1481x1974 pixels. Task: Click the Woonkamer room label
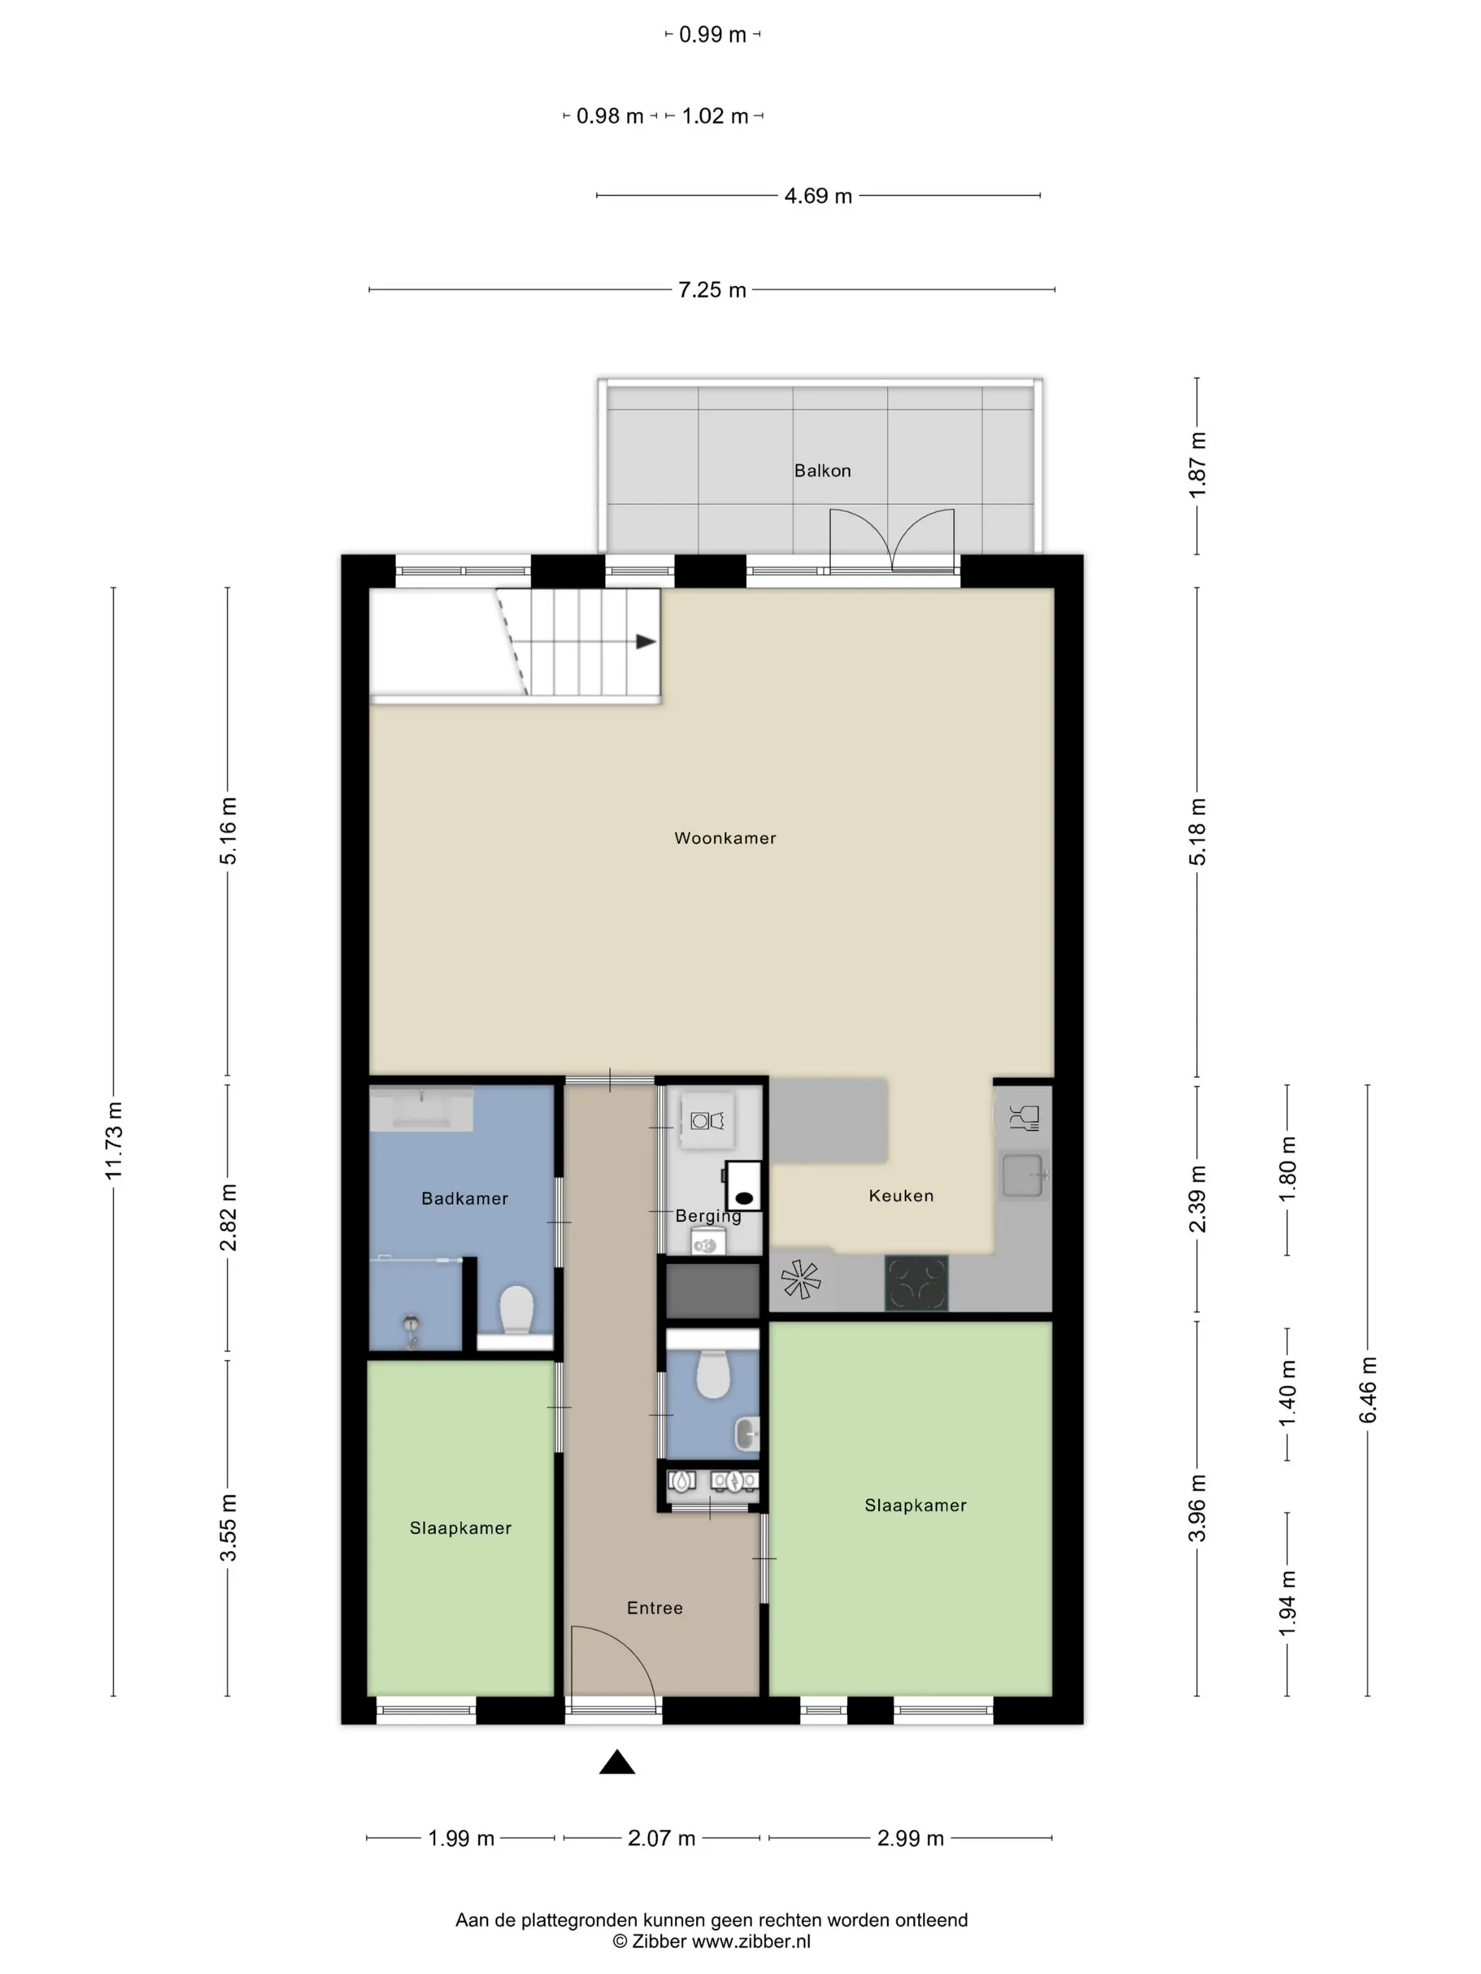pyautogui.click(x=725, y=838)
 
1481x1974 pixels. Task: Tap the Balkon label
pyautogui.click(x=822, y=470)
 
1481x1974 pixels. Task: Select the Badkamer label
pyautogui.click(x=464, y=1198)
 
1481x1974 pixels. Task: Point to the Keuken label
pyautogui.click(x=901, y=1196)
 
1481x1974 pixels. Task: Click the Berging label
pyautogui.click(x=708, y=1216)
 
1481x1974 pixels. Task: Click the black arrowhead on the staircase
pyautogui.click(x=645, y=642)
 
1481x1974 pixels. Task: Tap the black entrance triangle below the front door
pyautogui.click(x=617, y=1762)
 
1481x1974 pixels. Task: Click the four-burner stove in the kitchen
pyautogui.click(x=916, y=1283)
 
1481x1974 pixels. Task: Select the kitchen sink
pyautogui.click(x=1023, y=1175)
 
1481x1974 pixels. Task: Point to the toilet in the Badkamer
pyautogui.click(x=516, y=1310)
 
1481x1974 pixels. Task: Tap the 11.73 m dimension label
pyautogui.click(x=114, y=1141)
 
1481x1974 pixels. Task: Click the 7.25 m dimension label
pyautogui.click(x=712, y=290)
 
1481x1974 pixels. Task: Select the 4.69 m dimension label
pyautogui.click(x=817, y=195)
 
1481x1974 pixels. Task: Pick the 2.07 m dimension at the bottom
pyautogui.click(x=662, y=1839)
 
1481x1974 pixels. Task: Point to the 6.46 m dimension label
pyautogui.click(x=1367, y=1390)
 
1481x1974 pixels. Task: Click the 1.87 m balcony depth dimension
pyautogui.click(x=1197, y=465)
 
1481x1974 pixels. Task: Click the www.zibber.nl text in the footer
pyautogui.click(x=752, y=1941)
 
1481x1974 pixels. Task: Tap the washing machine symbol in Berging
pyautogui.click(x=707, y=1120)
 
